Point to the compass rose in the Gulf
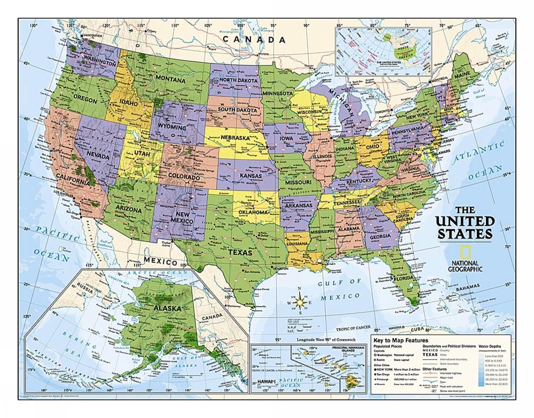300,302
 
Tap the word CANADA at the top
254,39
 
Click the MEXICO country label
160,263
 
